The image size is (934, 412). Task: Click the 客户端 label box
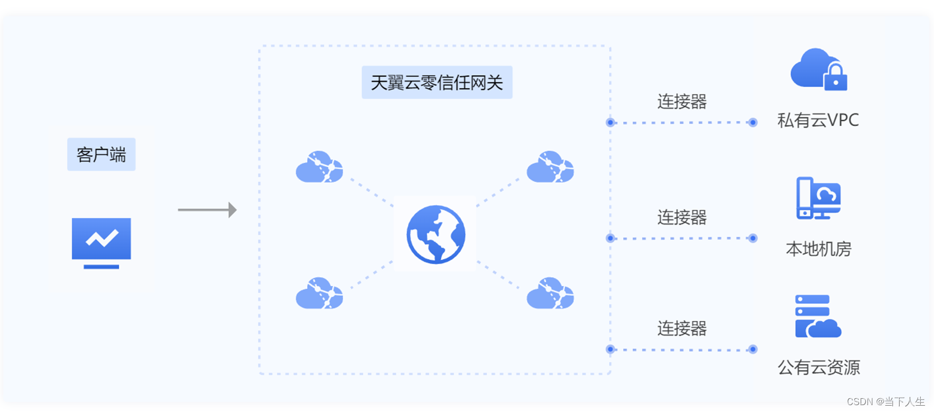click(x=101, y=154)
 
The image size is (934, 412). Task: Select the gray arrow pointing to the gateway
click(x=207, y=210)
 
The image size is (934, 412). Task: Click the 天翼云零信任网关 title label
click(x=437, y=83)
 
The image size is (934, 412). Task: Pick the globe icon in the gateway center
click(x=435, y=234)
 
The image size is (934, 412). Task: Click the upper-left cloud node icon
click(x=319, y=167)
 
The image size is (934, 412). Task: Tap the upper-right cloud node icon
click(x=550, y=167)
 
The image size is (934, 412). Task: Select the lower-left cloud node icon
click(x=319, y=293)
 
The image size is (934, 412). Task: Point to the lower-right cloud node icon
click(x=550, y=293)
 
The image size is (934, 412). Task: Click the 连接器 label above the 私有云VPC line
click(x=681, y=102)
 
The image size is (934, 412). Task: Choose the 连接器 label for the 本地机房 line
click(x=681, y=218)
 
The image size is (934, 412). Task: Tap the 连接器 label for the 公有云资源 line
click(x=681, y=329)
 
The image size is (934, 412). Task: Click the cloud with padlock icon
click(x=818, y=70)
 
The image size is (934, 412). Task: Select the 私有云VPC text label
click(x=818, y=120)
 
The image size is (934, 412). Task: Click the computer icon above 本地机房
click(x=818, y=198)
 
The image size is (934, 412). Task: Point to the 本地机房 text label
click(x=818, y=249)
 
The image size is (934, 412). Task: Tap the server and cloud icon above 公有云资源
click(x=818, y=316)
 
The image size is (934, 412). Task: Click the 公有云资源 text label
click(x=818, y=367)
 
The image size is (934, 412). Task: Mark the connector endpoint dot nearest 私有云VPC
click(x=753, y=122)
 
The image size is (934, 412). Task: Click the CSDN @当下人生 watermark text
click(x=885, y=402)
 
